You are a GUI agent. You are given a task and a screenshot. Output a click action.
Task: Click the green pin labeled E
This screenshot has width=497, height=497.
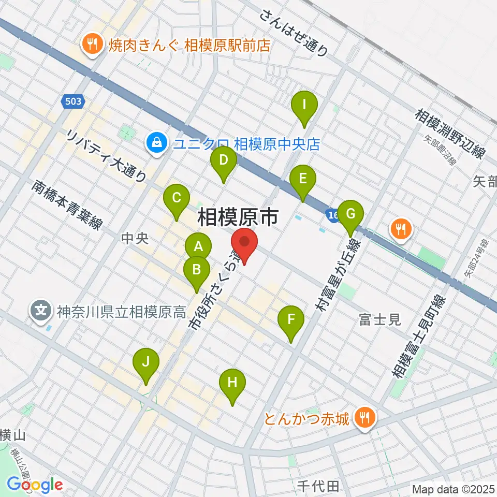[x=303, y=180]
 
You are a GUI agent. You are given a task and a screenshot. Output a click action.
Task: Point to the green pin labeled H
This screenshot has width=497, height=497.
[x=232, y=384]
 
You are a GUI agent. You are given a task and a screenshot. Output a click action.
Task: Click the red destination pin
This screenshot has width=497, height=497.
[x=244, y=243]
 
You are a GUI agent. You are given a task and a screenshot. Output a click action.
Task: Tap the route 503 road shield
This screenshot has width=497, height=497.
[x=74, y=101]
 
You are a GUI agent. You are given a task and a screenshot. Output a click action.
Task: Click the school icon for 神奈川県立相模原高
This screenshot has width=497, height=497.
[x=41, y=312]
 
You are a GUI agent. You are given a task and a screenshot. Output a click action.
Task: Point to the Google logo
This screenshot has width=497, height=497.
[x=35, y=485]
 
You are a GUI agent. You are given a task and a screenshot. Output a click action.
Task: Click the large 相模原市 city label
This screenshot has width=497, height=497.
[x=238, y=218]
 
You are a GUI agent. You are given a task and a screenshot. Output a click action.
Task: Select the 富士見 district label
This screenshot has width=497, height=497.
[x=380, y=320]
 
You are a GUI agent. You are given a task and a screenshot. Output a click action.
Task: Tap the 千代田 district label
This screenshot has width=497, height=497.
[x=318, y=487]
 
